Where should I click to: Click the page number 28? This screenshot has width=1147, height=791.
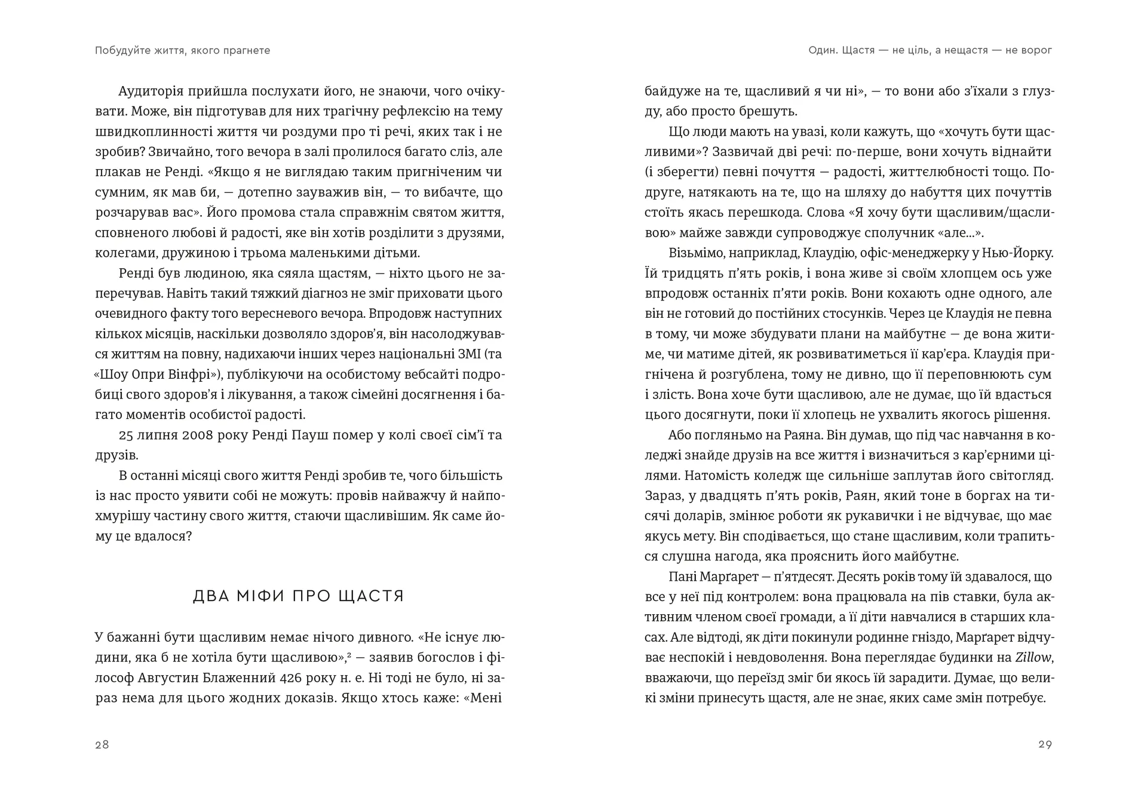click(x=102, y=744)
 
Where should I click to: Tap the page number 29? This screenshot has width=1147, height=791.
click(x=1045, y=744)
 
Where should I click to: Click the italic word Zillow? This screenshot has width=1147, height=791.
click(x=1033, y=658)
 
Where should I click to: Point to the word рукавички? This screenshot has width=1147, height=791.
click(x=862, y=516)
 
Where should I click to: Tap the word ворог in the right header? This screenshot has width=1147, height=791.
click(x=1037, y=51)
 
